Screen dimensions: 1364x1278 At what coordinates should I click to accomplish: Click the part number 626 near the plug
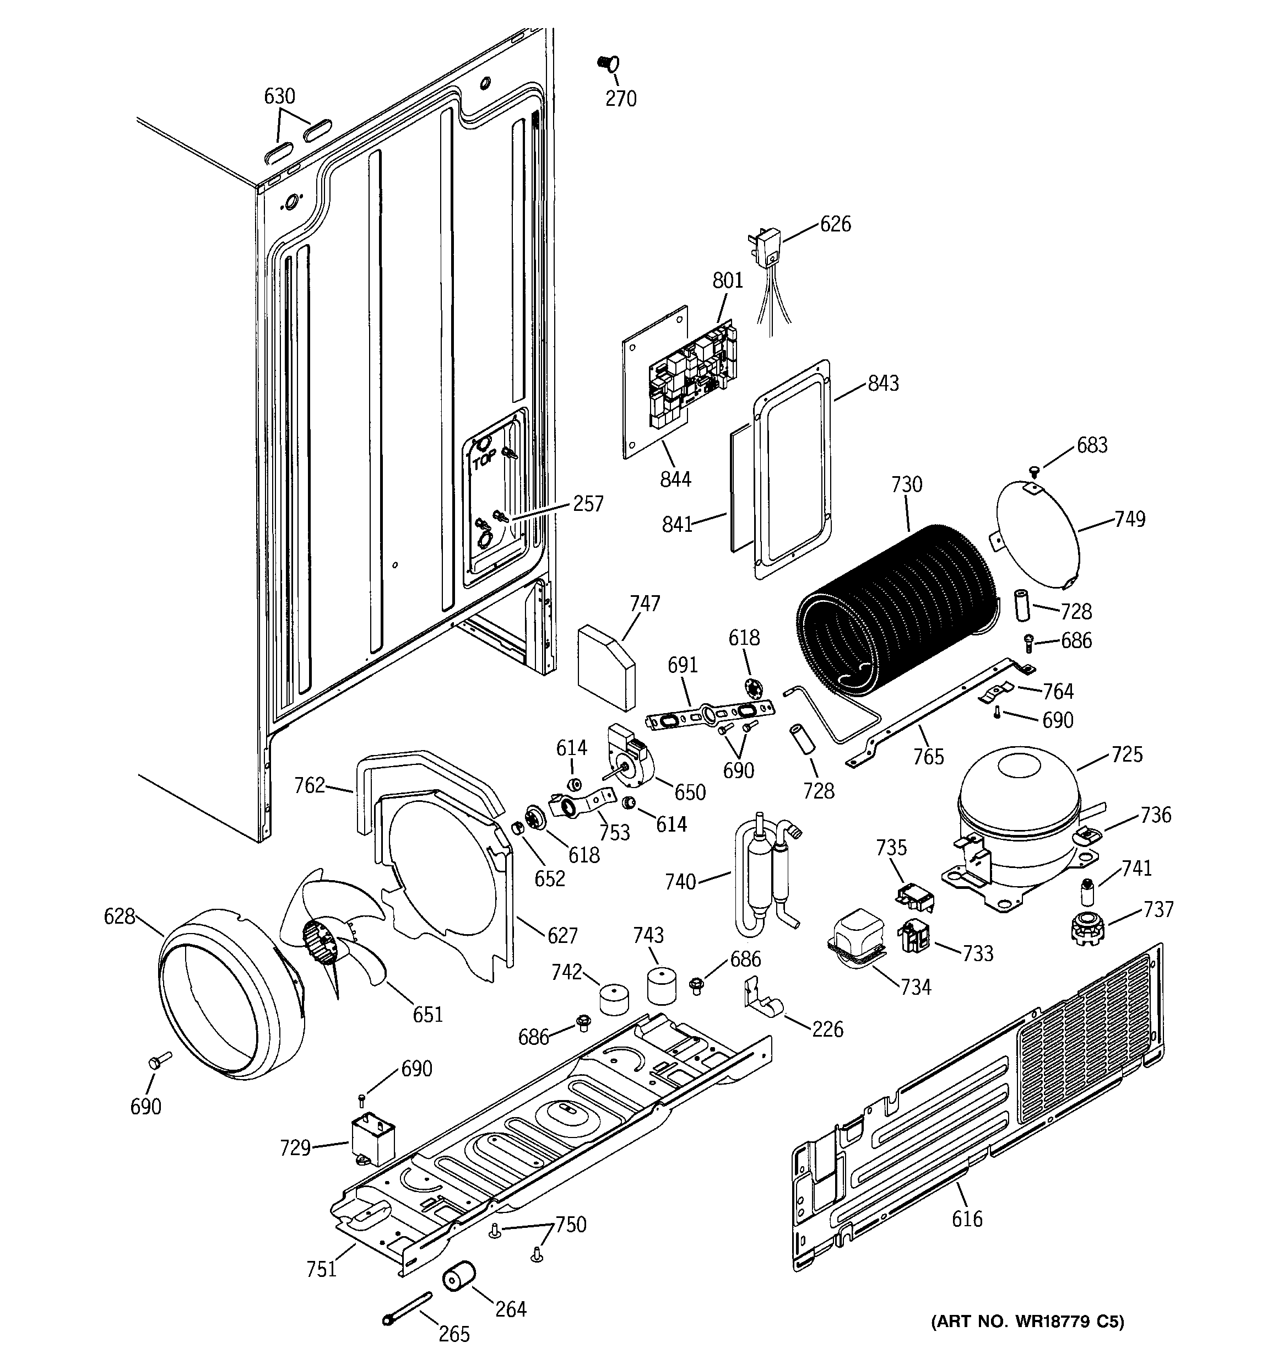coord(835,224)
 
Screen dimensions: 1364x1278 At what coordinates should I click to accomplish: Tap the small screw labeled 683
coord(1035,470)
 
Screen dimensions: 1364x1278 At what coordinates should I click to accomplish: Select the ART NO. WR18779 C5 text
coord(1027,1322)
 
